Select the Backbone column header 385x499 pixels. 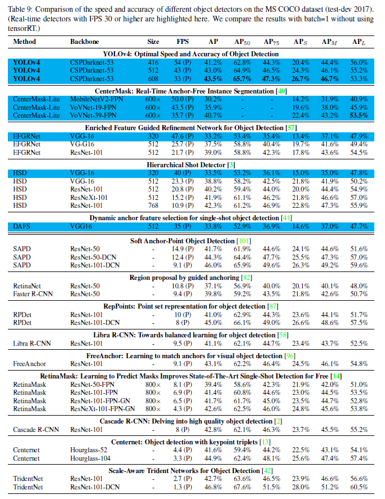click(85, 42)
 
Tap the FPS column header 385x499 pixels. click(183, 42)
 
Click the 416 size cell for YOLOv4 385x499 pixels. click(153, 62)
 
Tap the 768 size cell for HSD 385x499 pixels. click(153, 206)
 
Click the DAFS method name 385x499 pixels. click(21, 226)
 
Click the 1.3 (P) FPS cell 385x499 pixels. click(183, 486)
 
